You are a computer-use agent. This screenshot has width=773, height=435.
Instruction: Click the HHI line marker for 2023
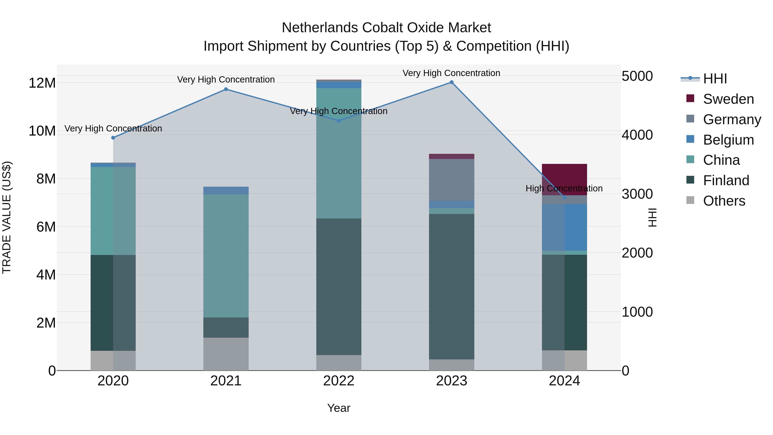pyautogui.click(x=451, y=82)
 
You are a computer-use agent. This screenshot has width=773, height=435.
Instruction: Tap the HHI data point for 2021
pyautogui.click(x=226, y=89)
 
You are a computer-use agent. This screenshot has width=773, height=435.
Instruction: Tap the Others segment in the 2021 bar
pyautogui.click(x=226, y=354)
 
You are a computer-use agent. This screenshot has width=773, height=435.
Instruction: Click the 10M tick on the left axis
pyautogui.click(x=42, y=131)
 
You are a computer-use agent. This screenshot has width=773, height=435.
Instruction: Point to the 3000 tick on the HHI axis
pyautogui.click(x=637, y=194)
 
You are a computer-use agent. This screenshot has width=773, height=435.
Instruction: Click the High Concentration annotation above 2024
pyautogui.click(x=564, y=188)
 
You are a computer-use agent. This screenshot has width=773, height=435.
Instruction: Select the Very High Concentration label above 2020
pyautogui.click(x=113, y=128)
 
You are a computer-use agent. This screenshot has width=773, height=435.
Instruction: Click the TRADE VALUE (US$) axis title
pyautogui.click(x=7, y=217)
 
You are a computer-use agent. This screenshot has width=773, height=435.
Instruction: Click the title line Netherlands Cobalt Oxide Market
pyautogui.click(x=386, y=28)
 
